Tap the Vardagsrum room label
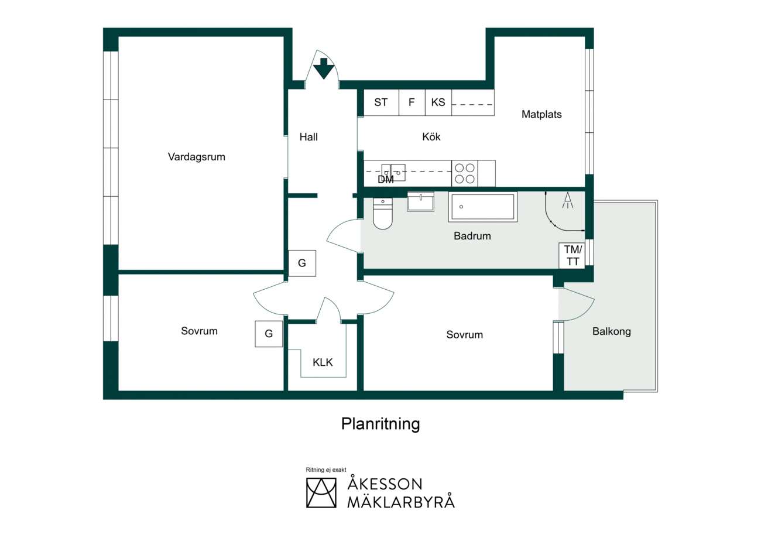coord(196,157)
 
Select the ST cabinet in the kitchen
coord(381,102)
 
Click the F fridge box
coord(412,102)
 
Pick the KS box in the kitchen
coord(438,102)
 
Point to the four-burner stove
coord(465,173)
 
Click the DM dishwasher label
coord(386,179)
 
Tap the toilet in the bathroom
coord(382,213)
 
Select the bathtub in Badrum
coord(483,207)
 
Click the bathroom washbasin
coord(420,202)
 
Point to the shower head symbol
coord(567,200)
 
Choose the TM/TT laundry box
coord(573,255)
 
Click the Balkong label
coord(612,331)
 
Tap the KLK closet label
coord(323,362)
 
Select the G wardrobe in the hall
coord(302,263)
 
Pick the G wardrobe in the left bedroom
coord(269,334)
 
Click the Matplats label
coord(541,115)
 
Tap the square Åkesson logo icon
coord(321,493)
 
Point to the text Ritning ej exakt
coord(326,470)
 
